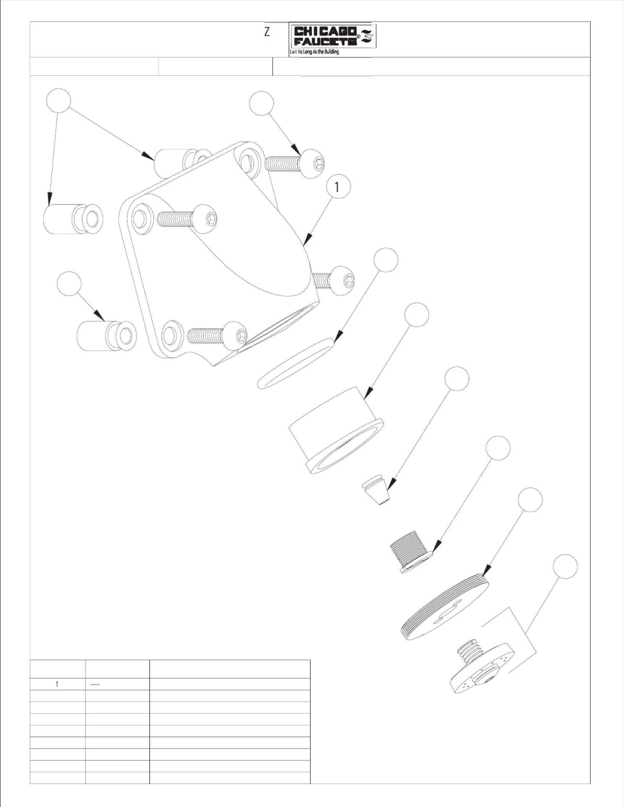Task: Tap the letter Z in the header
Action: tap(267, 32)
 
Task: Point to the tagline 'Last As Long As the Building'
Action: tap(314, 52)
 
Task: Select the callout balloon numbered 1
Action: tap(338, 186)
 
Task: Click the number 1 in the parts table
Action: tap(57, 684)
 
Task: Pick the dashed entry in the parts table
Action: tap(95, 684)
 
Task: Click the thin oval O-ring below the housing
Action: tap(295, 363)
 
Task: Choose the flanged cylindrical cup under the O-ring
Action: tap(336, 431)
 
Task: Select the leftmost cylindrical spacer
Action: tap(73, 219)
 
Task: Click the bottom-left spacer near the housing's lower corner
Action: tap(106, 336)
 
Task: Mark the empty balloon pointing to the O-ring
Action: tap(386, 260)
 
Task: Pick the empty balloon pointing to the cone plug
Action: tap(457, 379)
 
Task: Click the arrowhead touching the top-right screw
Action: tap(296, 149)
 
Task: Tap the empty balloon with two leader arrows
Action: tap(58, 101)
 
